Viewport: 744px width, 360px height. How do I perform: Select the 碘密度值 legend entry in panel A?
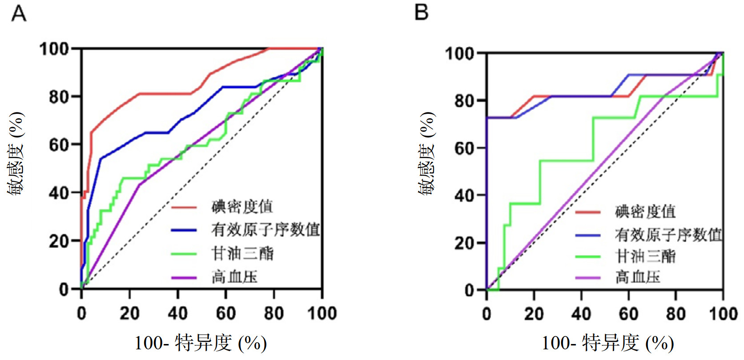pos(241,207)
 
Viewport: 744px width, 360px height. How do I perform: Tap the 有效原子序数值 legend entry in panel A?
pos(265,230)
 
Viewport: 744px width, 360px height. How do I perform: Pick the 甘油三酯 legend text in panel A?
pos(242,254)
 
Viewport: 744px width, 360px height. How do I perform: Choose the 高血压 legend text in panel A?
pos(234,277)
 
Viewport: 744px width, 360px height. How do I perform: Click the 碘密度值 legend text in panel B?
pos(645,212)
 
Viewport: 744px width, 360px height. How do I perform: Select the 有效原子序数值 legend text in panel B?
pos(668,235)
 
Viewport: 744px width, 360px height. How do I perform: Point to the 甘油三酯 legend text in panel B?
pos(645,256)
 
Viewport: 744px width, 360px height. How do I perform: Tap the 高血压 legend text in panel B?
pos(638,278)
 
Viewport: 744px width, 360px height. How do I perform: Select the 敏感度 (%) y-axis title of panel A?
pos(16,153)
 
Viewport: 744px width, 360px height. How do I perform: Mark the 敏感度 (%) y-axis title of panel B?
pos(426,153)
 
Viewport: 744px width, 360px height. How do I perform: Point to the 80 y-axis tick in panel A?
pos(59,97)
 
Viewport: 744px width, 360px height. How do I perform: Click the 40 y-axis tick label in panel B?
pos(464,196)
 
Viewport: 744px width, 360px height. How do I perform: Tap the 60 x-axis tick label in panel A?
pos(225,314)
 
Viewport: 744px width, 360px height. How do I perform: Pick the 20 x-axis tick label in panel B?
pos(534,314)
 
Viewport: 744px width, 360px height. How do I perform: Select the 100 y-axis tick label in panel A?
pos(54,49)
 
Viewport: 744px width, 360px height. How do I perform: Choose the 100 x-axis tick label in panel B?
pos(723,314)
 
